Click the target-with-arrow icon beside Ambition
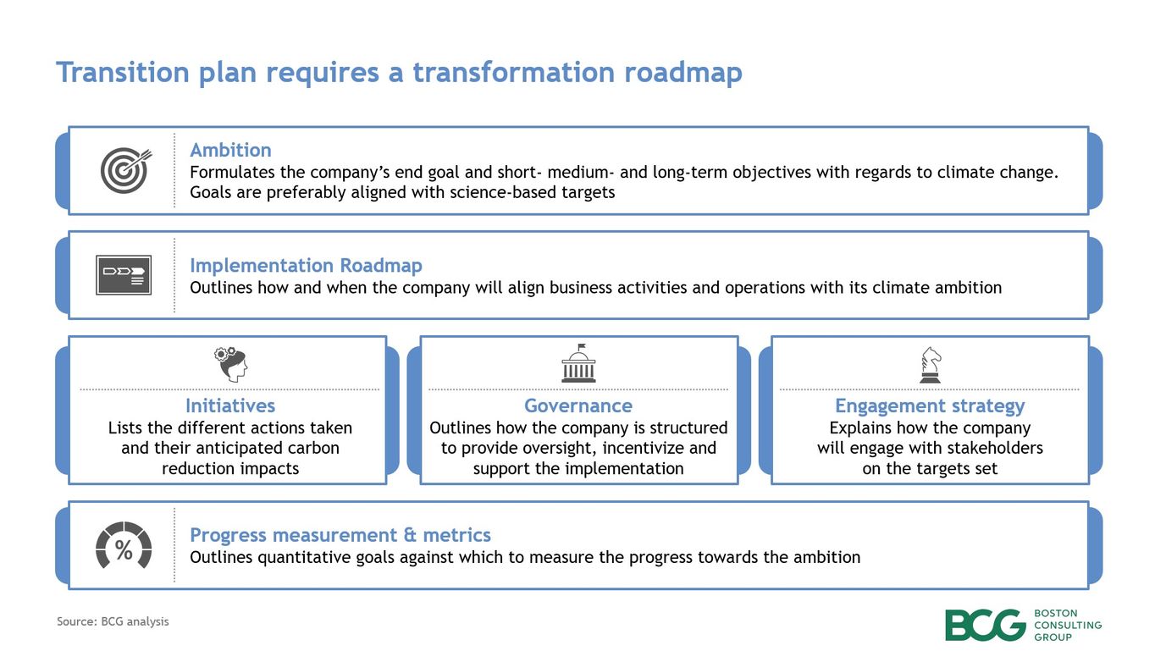point(124,170)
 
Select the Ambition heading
point(230,150)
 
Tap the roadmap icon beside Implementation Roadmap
point(124,274)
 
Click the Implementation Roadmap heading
point(306,265)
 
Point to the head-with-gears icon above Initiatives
point(229,364)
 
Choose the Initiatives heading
point(229,405)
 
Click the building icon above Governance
point(578,364)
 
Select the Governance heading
point(578,405)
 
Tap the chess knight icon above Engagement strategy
point(930,364)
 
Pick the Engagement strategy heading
point(930,405)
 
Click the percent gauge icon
point(124,546)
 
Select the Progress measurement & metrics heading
point(340,535)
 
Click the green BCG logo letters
point(985,625)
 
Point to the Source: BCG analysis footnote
point(113,621)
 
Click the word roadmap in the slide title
point(682,73)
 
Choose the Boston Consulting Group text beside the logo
point(1067,625)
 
